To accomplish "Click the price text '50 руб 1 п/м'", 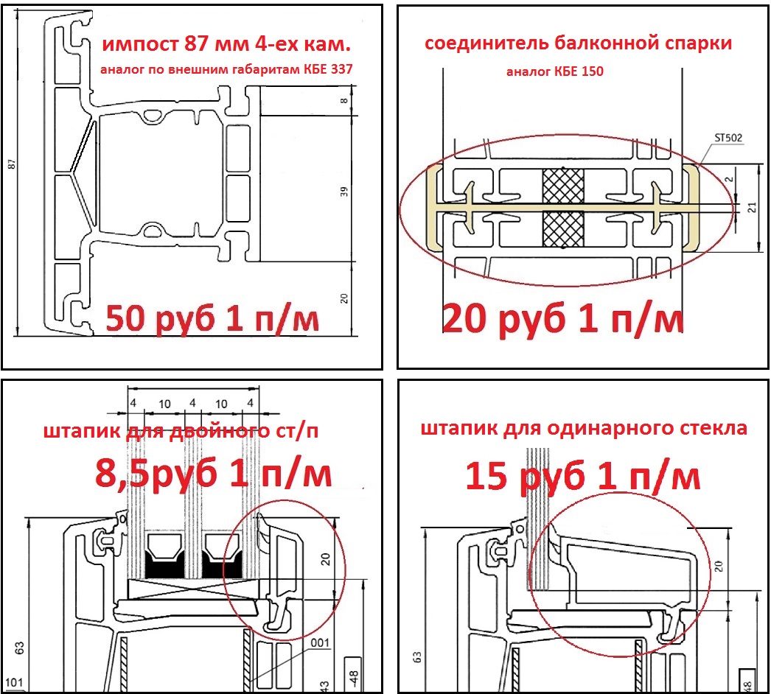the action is pyautogui.click(x=212, y=319).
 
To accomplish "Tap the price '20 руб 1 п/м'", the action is pyautogui.click(x=563, y=319).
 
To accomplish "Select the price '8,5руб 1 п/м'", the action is pyautogui.click(x=214, y=473).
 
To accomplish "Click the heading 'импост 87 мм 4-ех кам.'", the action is pyautogui.click(x=226, y=44).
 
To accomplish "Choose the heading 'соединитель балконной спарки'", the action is pyautogui.click(x=578, y=43).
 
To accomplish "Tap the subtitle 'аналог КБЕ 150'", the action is pyautogui.click(x=554, y=71).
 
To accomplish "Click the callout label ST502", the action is pyautogui.click(x=728, y=138).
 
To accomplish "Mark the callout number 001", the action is pyautogui.click(x=320, y=643).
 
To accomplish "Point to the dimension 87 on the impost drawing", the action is pyautogui.click(x=12, y=164).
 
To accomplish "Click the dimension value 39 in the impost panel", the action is pyautogui.click(x=343, y=192).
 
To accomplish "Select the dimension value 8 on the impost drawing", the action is pyautogui.click(x=343, y=101).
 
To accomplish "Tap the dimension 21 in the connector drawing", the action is pyautogui.click(x=753, y=208).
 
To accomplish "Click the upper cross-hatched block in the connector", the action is pyautogui.click(x=563, y=186).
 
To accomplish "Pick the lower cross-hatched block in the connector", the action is pyautogui.click(x=563, y=229).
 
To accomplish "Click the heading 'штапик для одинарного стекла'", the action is pyautogui.click(x=584, y=428).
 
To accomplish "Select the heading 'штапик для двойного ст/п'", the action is pyautogui.click(x=181, y=430).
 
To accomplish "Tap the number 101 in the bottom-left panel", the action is pyautogui.click(x=14, y=682).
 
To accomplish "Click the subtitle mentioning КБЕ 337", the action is pyautogui.click(x=227, y=69).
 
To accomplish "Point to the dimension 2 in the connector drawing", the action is pyautogui.click(x=730, y=180).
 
